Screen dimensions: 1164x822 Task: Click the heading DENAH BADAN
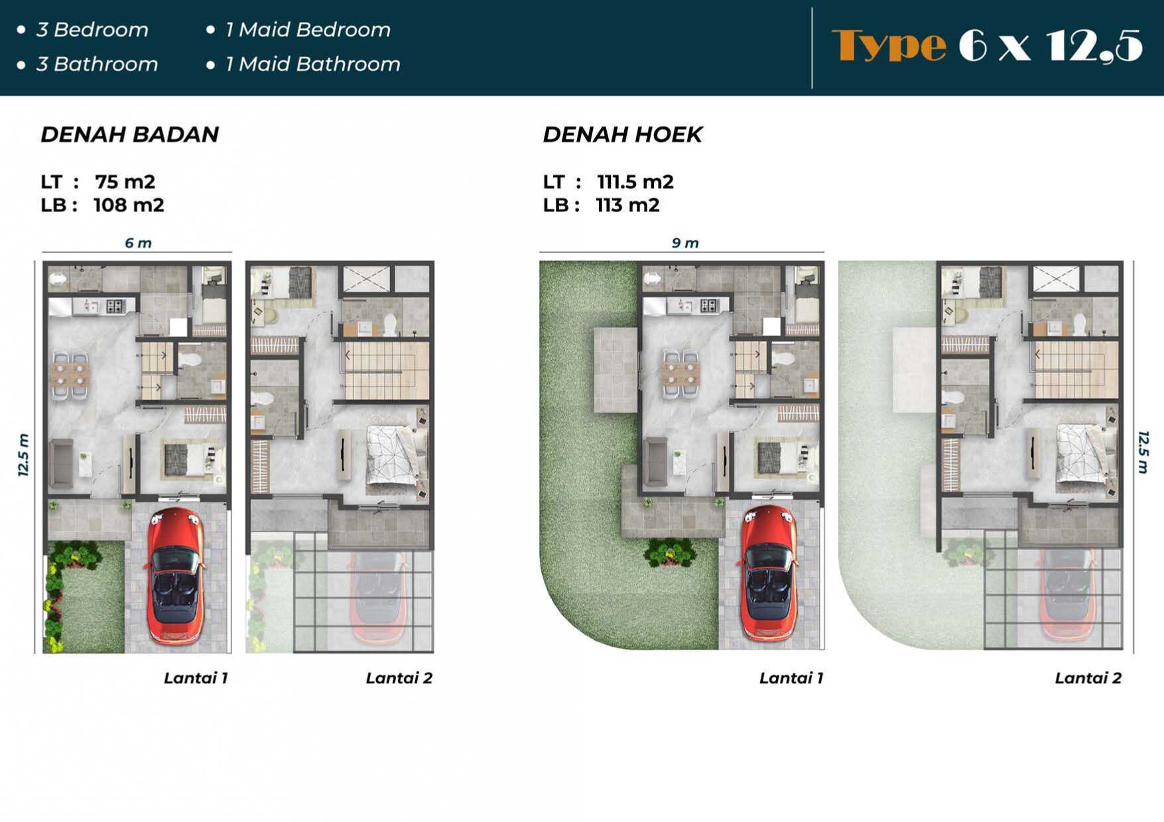pyautogui.click(x=130, y=135)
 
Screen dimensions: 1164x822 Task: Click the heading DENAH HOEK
pyautogui.click(x=622, y=135)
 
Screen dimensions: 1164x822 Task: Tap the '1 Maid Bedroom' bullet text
pyautogui.click(x=308, y=30)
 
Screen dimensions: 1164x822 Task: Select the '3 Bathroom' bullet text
pyautogui.click(x=97, y=64)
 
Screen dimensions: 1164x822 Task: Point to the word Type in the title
pyautogui.click(x=889, y=45)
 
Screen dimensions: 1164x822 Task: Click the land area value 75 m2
pyautogui.click(x=125, y=182)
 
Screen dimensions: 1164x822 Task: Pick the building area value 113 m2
pyautogui.click(x=627, y=206)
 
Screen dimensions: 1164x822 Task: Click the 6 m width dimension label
pyautogui.click(x=138, y=243)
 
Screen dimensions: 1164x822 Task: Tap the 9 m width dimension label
pyautogui.click(x=685, y=243)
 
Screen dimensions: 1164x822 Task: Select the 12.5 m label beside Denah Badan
pyautogui.click(x=23, y=455)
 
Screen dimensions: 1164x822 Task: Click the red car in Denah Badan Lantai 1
pyautogui.click(x=176, y=576)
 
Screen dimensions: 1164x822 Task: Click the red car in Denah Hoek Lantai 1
pyautogui.click(x=769, y=574)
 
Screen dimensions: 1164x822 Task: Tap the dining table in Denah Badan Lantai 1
pyautogui.click(x=70, y=375)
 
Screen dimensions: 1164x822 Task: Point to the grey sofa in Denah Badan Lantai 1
pyautogui.click(x=62, y=463)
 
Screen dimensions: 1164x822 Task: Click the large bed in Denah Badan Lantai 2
pyautogui.click(x=397, y=455)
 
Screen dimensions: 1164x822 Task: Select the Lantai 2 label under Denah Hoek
pyautogui.click(x=1088, y=678)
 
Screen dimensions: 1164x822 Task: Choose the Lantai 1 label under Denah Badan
pyautogui.click(x=196, y=678)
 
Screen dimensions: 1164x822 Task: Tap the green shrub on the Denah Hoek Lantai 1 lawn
pyautogui.click(x=670, y=551)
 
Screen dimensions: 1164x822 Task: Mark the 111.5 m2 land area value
pyautogui.click(x=635, y=182)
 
